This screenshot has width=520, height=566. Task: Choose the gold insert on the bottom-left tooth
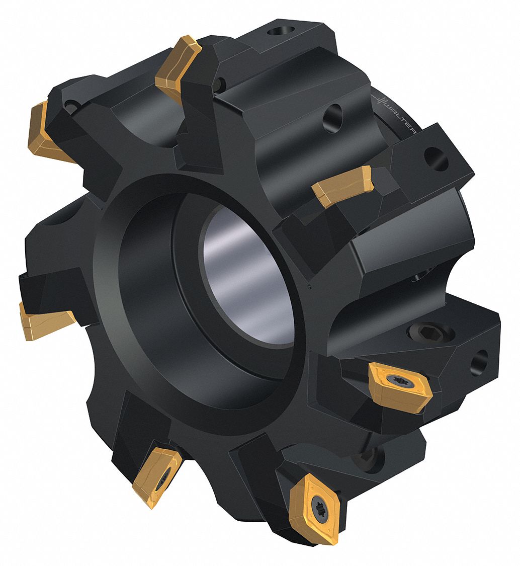(x=156, y=475)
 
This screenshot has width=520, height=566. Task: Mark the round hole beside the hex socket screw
(x=479, y=362)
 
